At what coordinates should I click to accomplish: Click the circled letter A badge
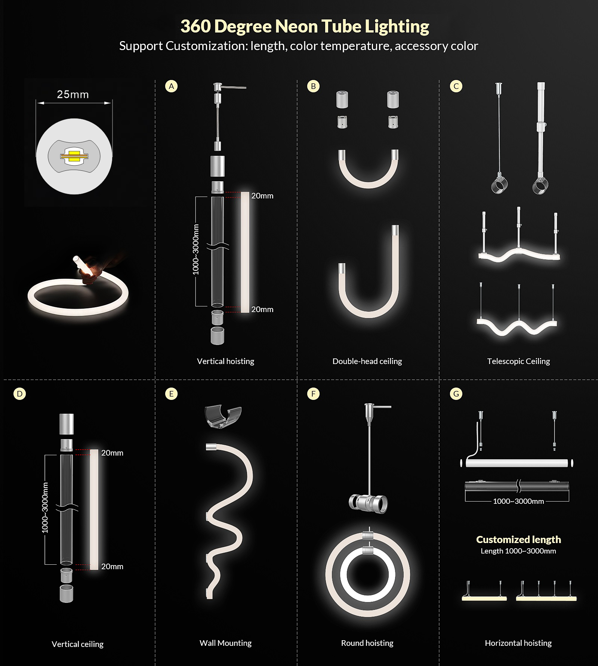(171, 86)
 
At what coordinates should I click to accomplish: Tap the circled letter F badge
(313, 394)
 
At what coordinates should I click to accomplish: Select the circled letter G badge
(456, 394)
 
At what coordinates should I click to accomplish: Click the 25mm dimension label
(73, 94)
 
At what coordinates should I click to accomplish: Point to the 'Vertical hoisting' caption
(225, 361)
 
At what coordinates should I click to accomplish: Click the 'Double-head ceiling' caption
(367, 361)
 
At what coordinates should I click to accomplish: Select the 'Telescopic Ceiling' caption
(518, 361)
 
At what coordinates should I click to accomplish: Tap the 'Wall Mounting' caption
(225, 643)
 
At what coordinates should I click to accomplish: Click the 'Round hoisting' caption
(367, 643)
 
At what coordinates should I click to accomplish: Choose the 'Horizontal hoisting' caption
(518, 643)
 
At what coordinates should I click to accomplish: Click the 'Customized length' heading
(518, 539)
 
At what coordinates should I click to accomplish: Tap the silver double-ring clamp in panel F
(369, 503)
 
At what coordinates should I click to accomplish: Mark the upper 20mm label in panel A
(262, 196)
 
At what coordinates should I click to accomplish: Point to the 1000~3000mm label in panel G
(518, 501)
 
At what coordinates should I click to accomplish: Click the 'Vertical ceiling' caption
(77, 644)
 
